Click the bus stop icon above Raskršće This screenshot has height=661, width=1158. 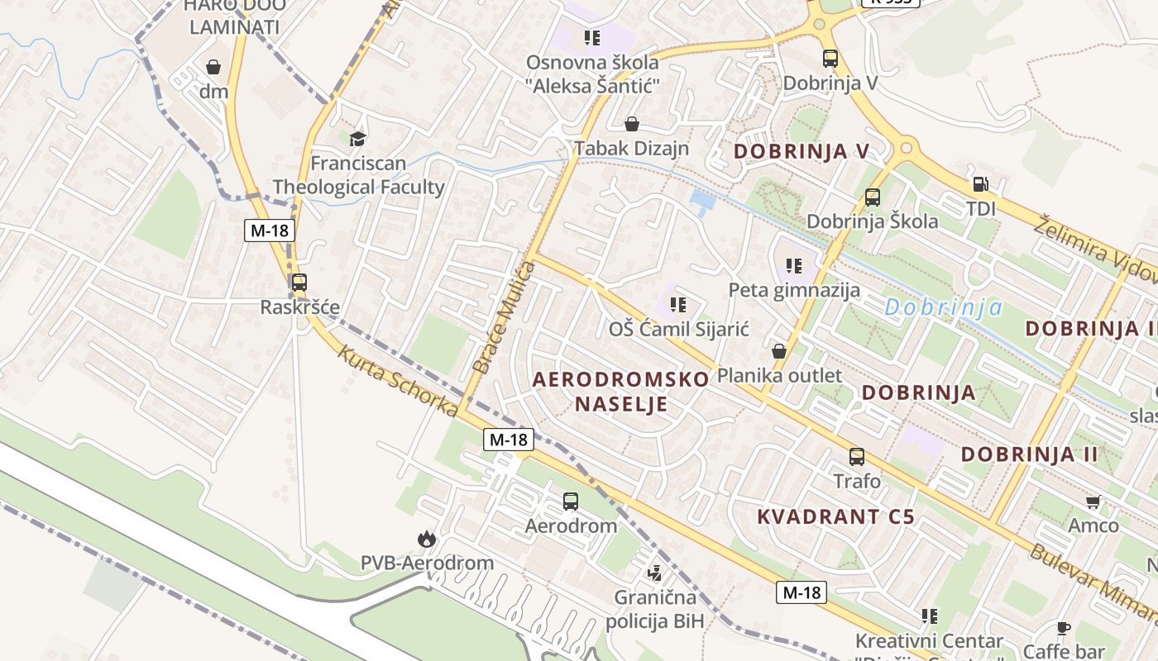tap(299, 283)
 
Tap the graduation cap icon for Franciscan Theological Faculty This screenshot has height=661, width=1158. tap(357, 139)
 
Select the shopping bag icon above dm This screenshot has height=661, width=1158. tap(213, 67)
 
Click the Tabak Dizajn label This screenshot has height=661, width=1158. tap(632, 149)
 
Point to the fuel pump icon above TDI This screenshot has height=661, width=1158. tap(980, 184)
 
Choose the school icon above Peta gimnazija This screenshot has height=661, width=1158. tap(794, 266)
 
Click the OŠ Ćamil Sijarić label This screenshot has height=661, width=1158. tap(679, 330)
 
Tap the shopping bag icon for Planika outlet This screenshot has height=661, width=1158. tap(778, 351)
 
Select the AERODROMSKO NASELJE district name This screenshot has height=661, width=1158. tap(621, 392)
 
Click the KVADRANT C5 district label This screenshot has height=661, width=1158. tap(836, 517)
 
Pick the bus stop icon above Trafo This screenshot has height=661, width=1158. tap(857, 456)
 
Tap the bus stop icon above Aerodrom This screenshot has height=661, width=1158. tap(571, 501)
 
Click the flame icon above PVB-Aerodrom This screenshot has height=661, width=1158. tap(427, 540)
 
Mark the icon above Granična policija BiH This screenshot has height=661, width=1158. tap(655, 573)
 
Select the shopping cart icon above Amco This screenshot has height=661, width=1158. tap(1093, 502)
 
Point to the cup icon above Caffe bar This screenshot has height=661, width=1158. tap(1064, 628)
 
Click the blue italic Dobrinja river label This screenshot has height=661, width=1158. tap(943, 308)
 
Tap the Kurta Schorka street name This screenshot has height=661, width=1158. tap(398, 381)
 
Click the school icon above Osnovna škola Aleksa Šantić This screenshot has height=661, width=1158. tap(591, 37)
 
